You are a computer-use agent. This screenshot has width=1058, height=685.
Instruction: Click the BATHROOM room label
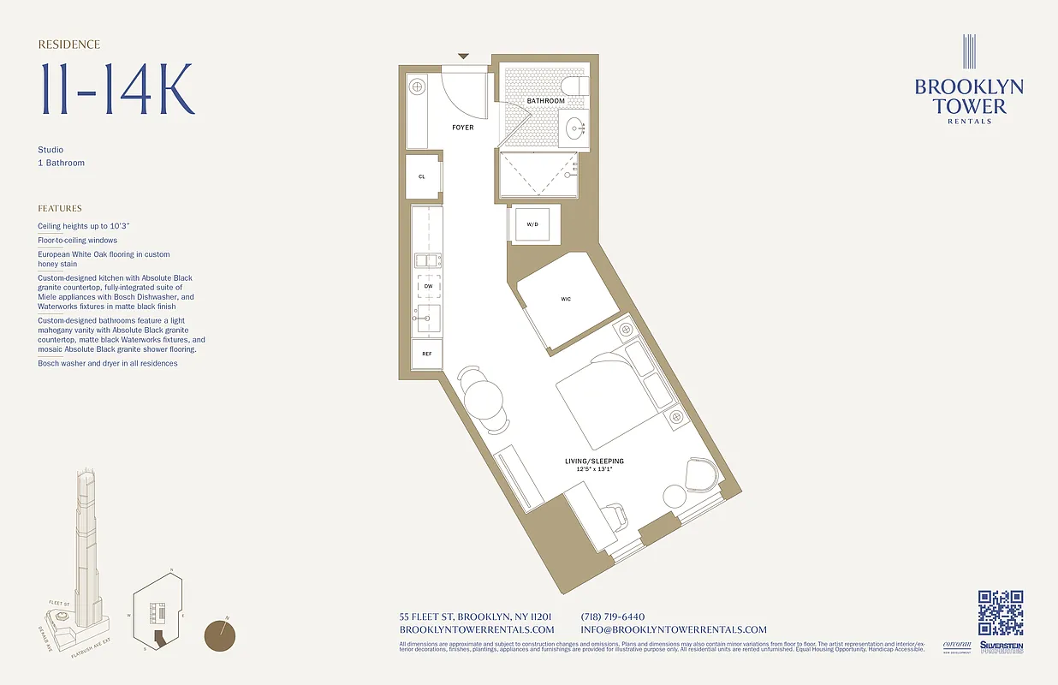point(545,101)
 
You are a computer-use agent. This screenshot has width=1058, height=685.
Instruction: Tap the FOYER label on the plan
point(463,128)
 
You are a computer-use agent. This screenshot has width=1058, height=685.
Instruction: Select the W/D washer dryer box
point(532,224)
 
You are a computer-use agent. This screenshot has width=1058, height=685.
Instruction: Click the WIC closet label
point(566,299)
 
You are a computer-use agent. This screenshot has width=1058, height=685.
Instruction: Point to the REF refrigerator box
point(426,353)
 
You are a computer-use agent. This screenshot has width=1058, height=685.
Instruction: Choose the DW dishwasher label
point(428,286)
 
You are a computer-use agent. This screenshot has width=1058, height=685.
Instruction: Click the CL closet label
point(422,176)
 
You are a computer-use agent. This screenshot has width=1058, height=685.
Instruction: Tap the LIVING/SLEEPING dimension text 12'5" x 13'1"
point(594,469)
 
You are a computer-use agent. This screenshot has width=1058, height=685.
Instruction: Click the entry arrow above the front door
point(463,57)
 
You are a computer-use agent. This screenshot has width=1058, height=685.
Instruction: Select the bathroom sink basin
point(574,129)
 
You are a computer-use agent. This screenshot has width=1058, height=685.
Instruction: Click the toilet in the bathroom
point(575,86)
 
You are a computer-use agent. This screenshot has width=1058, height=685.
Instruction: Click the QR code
point(1001,613)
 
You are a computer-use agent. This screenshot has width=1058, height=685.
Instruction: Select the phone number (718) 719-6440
point(612,616)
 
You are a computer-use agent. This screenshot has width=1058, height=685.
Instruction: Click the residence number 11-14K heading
point(117,88)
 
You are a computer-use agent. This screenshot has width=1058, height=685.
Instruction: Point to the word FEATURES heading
point(60,208)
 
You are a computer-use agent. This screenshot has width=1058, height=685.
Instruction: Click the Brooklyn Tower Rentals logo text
point(969,97)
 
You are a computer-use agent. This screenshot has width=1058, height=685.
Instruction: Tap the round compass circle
point(220,635)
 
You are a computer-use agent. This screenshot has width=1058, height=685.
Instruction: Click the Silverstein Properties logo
point(1002,647)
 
